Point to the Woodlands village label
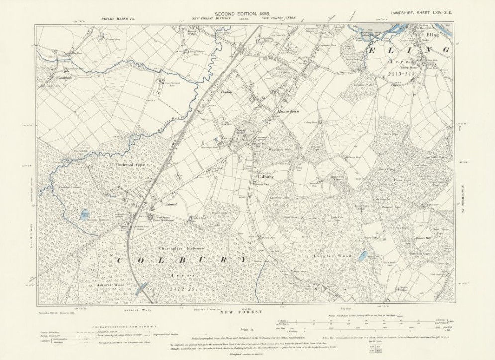click(x=55, y=79)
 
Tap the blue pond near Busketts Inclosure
click(x=84, y=214)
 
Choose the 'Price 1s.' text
click(x=246, y=329)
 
